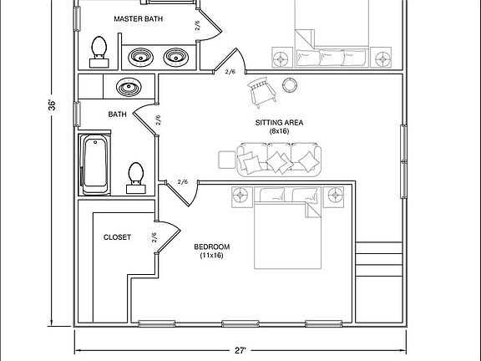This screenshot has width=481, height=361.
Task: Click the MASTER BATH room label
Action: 138,18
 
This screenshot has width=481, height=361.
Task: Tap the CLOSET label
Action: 117,237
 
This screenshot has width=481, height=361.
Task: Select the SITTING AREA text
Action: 279,123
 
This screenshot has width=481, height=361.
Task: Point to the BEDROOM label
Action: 211,247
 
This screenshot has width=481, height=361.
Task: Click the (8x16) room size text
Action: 279,131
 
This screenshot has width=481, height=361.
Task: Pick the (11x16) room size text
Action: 211,256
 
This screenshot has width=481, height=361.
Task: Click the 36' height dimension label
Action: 53,105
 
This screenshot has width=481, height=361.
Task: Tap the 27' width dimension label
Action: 240,350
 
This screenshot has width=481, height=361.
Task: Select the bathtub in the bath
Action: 95,165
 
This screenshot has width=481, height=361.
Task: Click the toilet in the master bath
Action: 99,52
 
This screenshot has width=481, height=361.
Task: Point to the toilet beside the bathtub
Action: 136,178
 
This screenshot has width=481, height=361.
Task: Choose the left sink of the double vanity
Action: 141,57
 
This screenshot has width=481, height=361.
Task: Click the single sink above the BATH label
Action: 129,87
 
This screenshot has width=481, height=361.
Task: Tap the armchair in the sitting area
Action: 262,92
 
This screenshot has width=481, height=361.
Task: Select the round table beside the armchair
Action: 289,85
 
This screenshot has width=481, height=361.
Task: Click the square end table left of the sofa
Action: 227,160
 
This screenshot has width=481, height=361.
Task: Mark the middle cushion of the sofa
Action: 279,158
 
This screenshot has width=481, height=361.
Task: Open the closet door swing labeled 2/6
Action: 167,237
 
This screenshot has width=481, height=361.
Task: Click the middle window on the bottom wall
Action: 240,323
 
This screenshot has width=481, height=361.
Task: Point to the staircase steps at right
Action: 379,259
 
